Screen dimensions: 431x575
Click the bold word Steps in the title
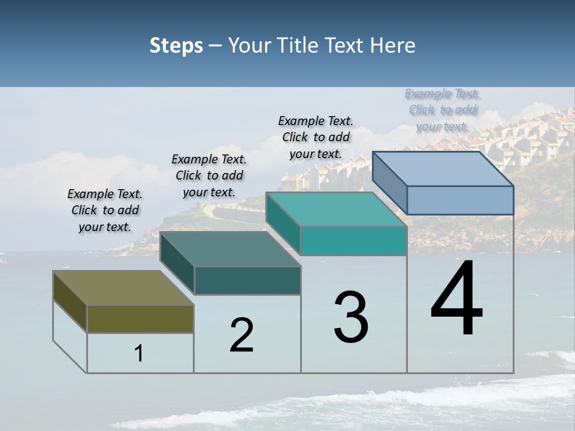[176, 45]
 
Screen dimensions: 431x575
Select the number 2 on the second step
[241, 335]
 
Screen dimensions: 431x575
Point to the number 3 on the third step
[350, 317]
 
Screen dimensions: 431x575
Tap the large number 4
[456, 299]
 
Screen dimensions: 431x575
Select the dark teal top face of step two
[230, 249]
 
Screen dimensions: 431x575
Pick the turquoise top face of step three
[336, 210]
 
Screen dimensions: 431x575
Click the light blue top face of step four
[443, 169]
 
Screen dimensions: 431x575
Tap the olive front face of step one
[140, 319]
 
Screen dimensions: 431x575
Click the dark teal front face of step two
[247, 280]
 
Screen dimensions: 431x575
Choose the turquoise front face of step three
[353, 241]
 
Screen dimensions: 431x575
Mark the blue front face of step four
[460, 200]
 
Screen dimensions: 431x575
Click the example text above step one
[105, 211]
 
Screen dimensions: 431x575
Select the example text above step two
[209, 176]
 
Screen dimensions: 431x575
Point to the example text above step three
[316, 137]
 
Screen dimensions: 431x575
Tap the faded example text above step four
[443, 110]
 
